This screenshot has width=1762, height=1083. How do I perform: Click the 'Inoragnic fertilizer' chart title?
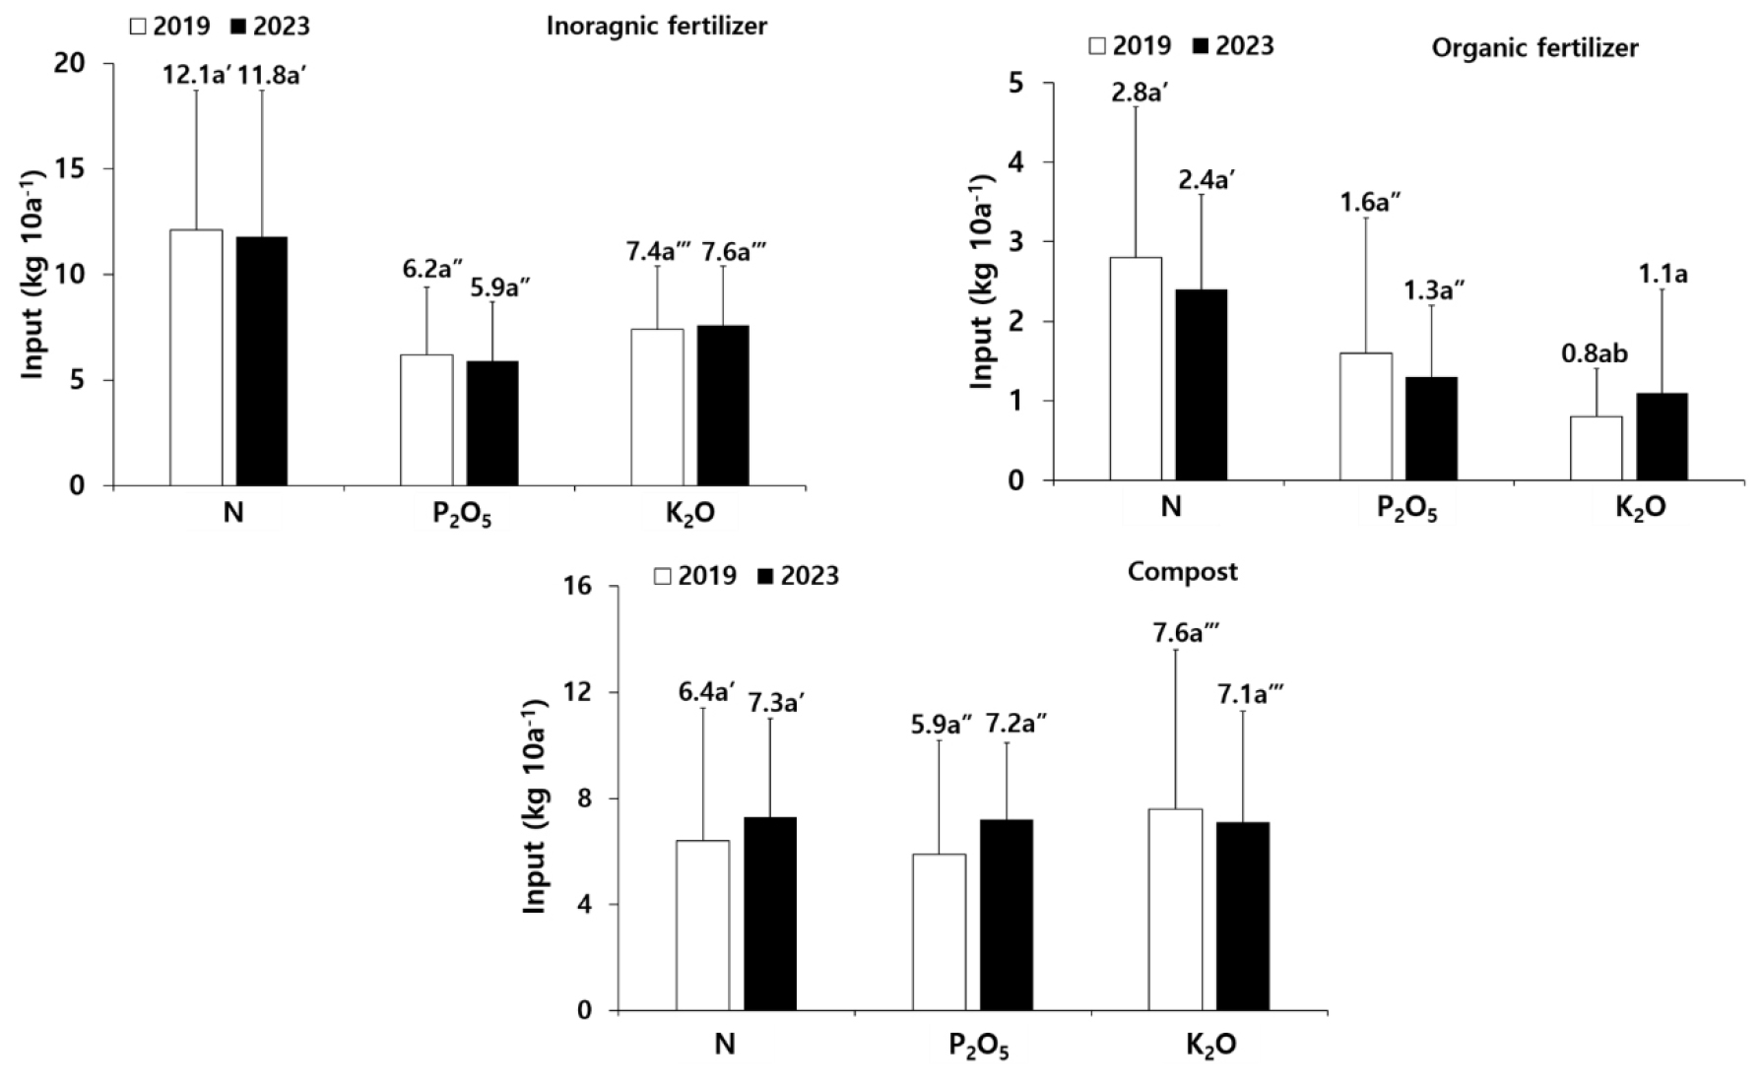coord(656,27)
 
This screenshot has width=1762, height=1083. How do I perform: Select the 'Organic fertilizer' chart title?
coord(1534,47)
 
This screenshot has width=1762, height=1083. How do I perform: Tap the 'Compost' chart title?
coord(1182,572)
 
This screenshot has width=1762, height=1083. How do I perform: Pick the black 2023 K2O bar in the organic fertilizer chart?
coord(1662,437)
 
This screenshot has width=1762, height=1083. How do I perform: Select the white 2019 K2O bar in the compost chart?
coord(1176,910)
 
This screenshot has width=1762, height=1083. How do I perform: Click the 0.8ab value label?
coord(1595,352)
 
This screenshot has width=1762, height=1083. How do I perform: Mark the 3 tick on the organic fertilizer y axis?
coord(1032,242)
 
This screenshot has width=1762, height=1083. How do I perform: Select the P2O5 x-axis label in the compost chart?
coord(978,1045)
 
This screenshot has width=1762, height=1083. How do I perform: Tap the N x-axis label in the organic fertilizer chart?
coord(1170,507)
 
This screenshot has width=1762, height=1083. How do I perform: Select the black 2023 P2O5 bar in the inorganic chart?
coord(492,423)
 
